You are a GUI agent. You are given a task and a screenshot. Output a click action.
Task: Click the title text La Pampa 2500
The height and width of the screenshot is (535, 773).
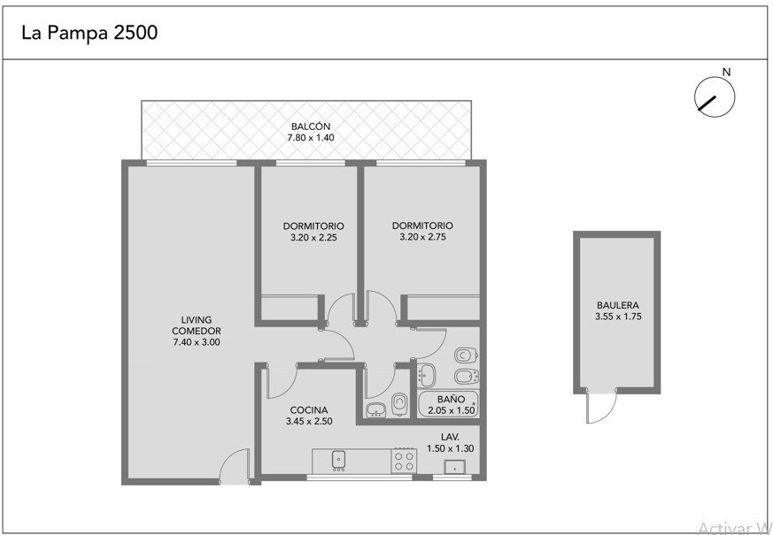tap(89, 33)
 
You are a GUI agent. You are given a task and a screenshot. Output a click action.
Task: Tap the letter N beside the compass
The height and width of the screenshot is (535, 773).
tap(726, 72)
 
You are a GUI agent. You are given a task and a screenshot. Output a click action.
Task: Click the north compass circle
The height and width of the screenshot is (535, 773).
tap(715, 97)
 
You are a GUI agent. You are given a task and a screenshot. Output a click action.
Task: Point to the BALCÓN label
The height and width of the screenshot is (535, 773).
tap(311, 126)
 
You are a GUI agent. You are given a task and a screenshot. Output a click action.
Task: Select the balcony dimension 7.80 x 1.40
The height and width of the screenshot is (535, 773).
tap(311, 138)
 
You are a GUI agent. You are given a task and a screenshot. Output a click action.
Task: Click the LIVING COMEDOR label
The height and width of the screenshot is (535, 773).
tap(197, 325)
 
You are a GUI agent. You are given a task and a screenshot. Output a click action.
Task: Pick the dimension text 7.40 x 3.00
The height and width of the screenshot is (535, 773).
tap(197, 342)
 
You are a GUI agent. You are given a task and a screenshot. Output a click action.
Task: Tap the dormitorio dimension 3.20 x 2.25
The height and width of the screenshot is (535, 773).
tap(313, 238)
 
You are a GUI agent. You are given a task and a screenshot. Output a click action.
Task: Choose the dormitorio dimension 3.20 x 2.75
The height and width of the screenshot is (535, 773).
tap(422, 237)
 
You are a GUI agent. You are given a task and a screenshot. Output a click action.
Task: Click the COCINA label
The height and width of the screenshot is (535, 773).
tap(309, 410)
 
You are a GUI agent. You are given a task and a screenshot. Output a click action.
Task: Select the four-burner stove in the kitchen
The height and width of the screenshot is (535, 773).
tap(404, 461)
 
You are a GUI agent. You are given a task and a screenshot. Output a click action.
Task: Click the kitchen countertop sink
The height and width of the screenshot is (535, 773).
tap(338, 460)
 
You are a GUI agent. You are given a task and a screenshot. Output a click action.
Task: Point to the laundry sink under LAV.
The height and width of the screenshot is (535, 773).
tap(454, 467)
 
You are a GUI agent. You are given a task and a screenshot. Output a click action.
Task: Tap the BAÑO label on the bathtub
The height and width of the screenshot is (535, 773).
tap(451, 399)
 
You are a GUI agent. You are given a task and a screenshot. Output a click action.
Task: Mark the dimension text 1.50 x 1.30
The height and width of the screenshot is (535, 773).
tap(451, 448)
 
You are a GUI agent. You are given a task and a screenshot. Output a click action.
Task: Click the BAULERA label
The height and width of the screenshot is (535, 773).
tap(618, 305)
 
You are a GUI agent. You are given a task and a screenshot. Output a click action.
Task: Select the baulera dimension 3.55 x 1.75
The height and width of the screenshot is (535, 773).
tap(618, 317)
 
